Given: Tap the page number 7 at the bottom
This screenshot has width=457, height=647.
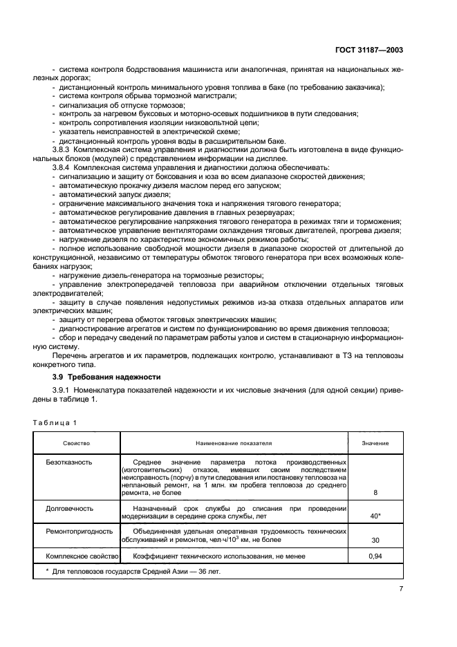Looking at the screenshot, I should (401, 588).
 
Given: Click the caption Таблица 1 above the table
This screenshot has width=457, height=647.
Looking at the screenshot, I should (55, 422).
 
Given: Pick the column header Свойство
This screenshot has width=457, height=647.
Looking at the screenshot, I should (76, 442).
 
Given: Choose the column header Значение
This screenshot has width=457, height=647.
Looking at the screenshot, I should (375, 442).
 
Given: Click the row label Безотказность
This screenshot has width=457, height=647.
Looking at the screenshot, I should (69, 460).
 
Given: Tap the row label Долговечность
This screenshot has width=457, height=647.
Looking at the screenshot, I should (70, 508).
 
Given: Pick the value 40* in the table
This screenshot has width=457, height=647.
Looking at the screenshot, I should (375, 516).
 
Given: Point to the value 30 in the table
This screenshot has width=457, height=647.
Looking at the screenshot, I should (375, 541).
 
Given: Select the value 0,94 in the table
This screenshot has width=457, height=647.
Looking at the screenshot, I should (375, 556).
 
